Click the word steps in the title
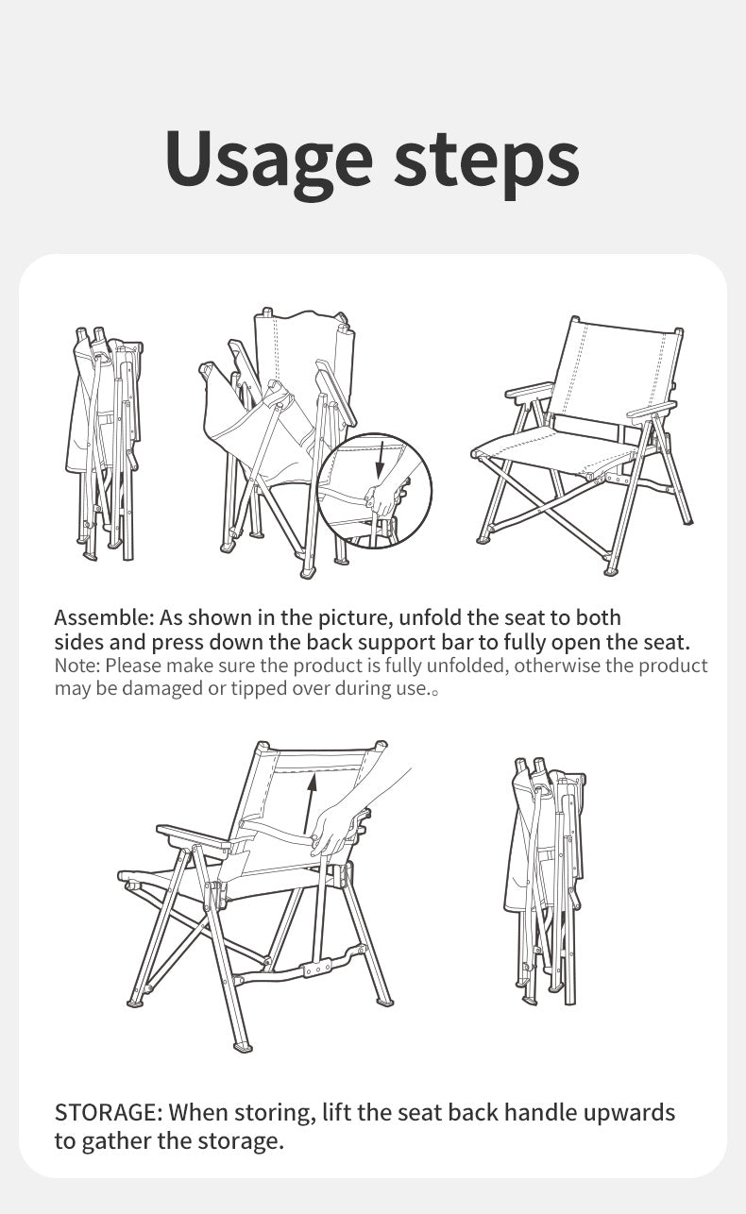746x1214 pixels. tap(487, 161)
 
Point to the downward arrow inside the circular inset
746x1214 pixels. tap(380, 459)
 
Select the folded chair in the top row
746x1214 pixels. tap(104, 444)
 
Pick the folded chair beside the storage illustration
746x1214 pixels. tap(545, 881)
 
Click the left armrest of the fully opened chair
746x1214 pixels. tap(530, 392)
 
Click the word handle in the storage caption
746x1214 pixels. tap(540, 1112)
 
